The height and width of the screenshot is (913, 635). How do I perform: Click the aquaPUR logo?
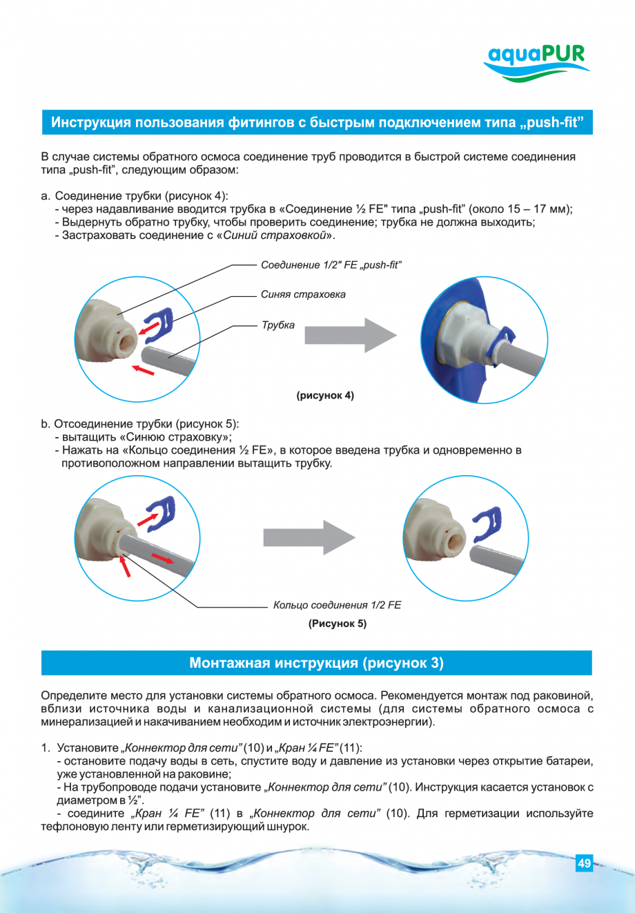[x=536, y=62]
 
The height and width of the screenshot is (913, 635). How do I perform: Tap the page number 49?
[x=584, y=863]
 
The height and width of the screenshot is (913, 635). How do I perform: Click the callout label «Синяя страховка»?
[x=303, y=294]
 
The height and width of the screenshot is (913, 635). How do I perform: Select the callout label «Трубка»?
[x=277, y=325]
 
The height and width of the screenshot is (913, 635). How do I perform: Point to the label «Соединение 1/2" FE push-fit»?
[x=331, y=265]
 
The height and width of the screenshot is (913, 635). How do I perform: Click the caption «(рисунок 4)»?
[x=325, y=396]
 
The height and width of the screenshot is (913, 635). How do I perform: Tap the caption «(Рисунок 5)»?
[x=337, y=623]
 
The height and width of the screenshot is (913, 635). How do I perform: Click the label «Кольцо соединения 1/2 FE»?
[x=337, y=605]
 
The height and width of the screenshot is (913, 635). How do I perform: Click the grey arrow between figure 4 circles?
[x=350, y=336]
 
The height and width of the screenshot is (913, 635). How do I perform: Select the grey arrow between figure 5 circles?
[x=309, y=537]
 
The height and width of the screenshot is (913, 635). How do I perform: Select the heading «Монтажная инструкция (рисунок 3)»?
[x=316, y=663]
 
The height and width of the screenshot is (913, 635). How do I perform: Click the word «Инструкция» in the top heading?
[x=90, y=123]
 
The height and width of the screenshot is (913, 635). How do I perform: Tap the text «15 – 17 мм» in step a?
[x=538, y=209]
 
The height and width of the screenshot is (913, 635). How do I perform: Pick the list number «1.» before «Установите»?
[x=46, y=748]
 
